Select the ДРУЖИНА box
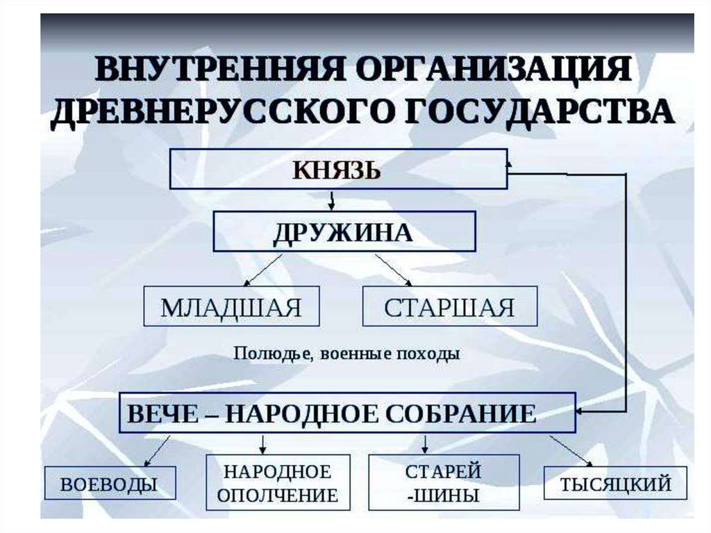click(x=344, y=231)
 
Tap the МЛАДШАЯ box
click(x=231, y=306)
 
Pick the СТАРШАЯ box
click(x=449, y=306)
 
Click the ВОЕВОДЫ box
click(x=110, y=483)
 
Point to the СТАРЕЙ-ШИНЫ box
click(x=443, y=483)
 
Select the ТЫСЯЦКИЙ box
click(x=615, y=483)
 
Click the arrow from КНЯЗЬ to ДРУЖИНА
click(x=332, y=200)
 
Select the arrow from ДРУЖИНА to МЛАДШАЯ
click(x=264, y=270)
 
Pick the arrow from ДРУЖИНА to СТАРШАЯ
click(x=394, y=270)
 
